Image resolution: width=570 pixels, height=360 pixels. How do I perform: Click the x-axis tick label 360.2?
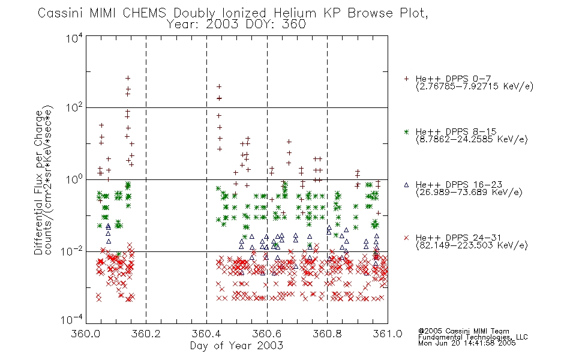(x=146, y=334)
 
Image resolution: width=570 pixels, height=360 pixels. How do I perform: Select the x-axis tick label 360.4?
(x=206, y=334)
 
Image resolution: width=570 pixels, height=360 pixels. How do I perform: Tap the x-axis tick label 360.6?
(x=267, y=334)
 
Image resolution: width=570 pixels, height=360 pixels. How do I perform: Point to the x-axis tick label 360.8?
(x=327, y=334)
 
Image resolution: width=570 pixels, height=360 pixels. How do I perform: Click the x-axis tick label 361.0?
(x=388, y=334)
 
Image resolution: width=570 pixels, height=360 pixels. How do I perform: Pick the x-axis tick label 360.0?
(x=86, y=334)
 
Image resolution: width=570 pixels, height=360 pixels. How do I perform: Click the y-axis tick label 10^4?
(x=74, y=38)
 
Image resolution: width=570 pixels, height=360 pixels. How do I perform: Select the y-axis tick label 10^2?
(x=74, y=108)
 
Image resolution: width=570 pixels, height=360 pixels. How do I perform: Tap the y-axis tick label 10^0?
(x=74, y=179)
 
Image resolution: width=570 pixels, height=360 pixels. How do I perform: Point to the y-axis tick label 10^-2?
(x=72, y=251)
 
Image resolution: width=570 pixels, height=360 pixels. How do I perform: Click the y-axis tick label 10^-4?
(x=72, y=319)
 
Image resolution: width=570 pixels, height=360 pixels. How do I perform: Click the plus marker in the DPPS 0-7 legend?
(x=406, y=79)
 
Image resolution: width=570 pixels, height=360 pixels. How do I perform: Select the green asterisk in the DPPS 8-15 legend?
(x=406, y=131)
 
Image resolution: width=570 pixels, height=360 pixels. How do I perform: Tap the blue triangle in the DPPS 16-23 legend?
(x=406, y=185)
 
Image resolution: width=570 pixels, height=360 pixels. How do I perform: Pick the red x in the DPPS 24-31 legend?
(x=406, y=238)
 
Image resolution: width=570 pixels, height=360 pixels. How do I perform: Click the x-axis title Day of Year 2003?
(x=236, y=346)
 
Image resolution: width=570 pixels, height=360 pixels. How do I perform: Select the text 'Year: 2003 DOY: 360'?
(x=236, y=25)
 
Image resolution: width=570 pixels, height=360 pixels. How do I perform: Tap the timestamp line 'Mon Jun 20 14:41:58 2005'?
(x=467, y=343)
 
